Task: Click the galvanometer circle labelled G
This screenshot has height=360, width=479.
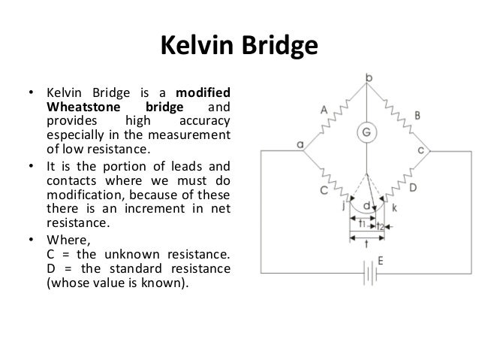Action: [x=367, y=132]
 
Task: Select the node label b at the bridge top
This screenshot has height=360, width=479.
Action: [x=368, y=78]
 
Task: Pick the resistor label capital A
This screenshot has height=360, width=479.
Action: [x=324, y=110]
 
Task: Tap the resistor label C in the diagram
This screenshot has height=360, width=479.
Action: [x=323, y=191]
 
